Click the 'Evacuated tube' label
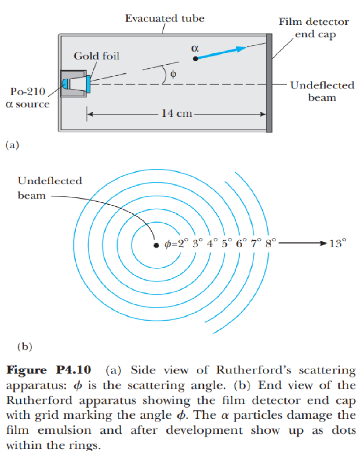click(165, 18)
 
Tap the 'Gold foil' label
click(96, 56)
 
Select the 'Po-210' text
click(27, 93)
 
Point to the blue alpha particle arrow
click(220, 52)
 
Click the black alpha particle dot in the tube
click(195, 58)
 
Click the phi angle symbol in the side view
click(173, 74)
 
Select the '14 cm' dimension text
click(177, 113)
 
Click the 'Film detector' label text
click(314, 22)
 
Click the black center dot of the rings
click(155, 245)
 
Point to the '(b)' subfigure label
click(25, 347)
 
